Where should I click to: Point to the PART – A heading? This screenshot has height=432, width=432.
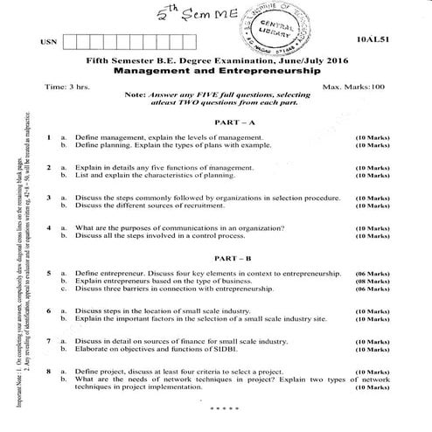coord(216,122)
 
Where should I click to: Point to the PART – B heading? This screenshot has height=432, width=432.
coord(216,260)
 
